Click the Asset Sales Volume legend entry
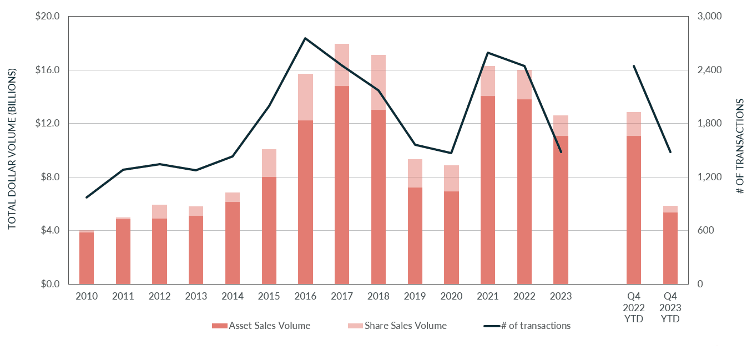[261, 326]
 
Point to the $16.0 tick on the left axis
[48, 70]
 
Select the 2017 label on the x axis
[342, 296]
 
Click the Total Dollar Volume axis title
[12, 149]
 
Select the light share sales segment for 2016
[305, 97]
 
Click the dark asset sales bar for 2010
[87, 258]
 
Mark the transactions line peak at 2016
[305, 38]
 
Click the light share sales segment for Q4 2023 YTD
[670, 209]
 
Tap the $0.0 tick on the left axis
[50, 284]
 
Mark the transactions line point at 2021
[488, 53]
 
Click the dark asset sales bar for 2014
[233, 243]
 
